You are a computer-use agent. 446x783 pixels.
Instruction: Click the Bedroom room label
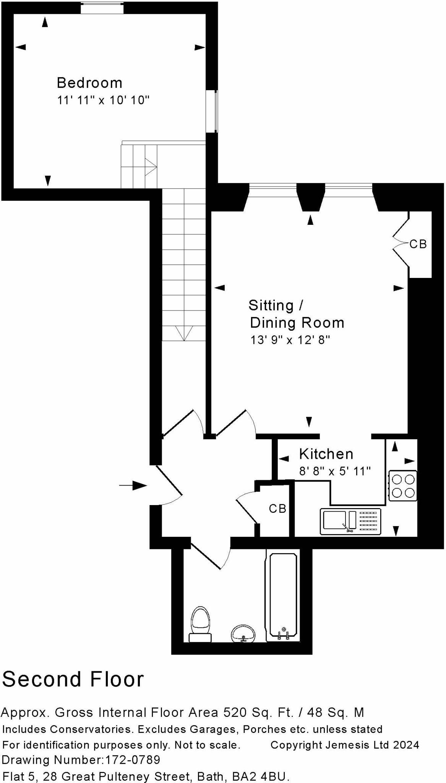[x=89, y=83]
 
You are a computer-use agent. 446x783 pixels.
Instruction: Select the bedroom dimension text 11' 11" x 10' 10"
[x=103, y=100]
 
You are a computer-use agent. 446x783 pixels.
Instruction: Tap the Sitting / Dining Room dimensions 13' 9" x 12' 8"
[x=290, y=340]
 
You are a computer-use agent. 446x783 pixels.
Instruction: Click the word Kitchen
[x=326, y=454]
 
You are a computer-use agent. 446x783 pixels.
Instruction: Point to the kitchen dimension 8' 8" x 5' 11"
[x=335, y=471]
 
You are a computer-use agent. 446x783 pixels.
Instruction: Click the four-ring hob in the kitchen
[x=403, y=486]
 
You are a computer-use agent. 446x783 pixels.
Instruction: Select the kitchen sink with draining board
[x=350, y=521]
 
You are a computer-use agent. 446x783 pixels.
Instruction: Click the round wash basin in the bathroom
[x=243, y=634]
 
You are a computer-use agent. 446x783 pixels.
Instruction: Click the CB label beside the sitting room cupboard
[x=418, y=244]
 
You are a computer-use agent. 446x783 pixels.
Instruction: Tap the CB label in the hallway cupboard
[x=277, y=508]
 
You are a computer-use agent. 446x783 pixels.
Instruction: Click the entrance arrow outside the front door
[x=133, y=486]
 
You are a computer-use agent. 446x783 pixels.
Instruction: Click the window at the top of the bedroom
[x=102, y=8]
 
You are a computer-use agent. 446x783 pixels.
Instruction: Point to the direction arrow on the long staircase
[x=184, y=333]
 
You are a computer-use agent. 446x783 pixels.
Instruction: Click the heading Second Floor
[x=73, y=679]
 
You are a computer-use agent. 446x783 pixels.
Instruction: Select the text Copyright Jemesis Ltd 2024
[x=345, y=745]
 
